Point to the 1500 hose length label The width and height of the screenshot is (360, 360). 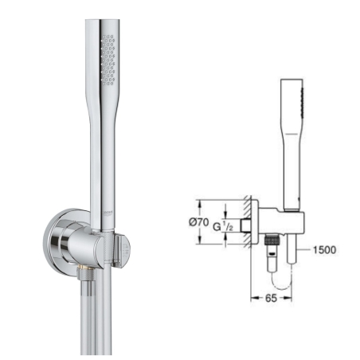click(324, 249)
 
